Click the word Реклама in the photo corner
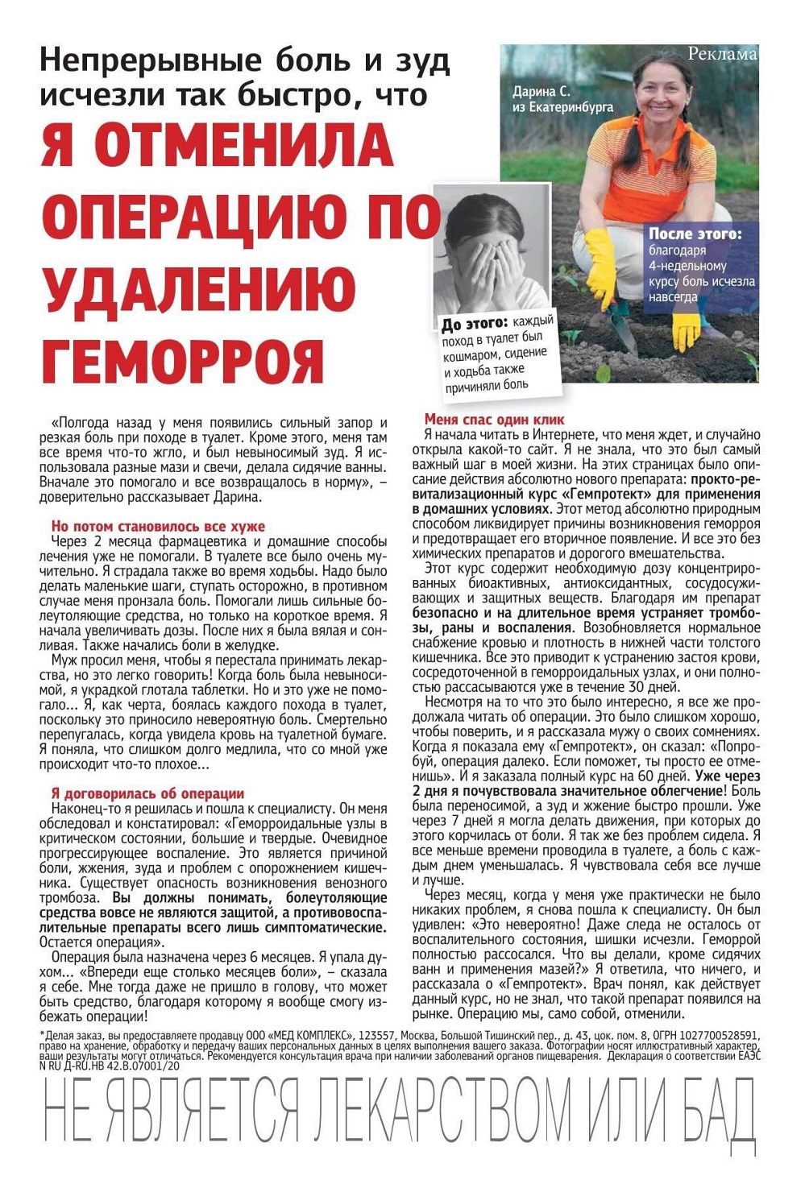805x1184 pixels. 722,54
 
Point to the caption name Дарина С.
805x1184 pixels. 541,92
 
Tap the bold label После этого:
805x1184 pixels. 695,234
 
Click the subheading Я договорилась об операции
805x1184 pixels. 147,793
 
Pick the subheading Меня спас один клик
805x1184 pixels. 494,420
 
